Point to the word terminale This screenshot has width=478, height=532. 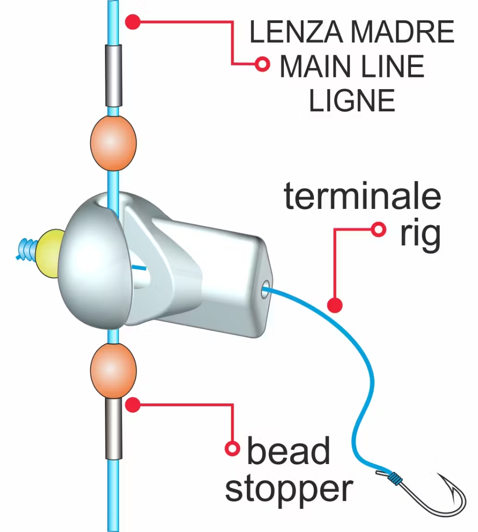coord(362,197)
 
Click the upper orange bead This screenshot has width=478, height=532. coord(113,142)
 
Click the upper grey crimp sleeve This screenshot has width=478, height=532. coord(113,75)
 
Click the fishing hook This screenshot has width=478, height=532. coord(434,498)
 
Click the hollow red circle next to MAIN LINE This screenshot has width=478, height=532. coord(262,64)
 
